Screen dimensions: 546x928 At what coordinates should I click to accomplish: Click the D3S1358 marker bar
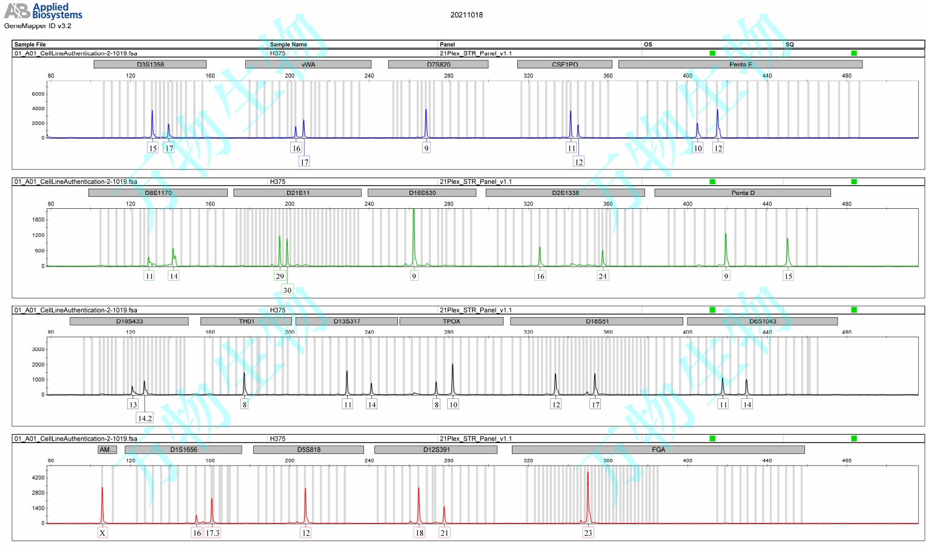(150, 64)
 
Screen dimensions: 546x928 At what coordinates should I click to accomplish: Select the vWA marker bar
(308, 64)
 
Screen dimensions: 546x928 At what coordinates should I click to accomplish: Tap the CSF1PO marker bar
(565, 64)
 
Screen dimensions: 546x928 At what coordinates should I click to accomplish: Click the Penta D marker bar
(743, 193)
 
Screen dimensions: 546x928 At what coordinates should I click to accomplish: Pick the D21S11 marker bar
(297, 193)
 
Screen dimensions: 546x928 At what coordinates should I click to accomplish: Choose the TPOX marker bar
(451, 321)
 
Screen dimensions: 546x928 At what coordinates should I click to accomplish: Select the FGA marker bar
(658, 450)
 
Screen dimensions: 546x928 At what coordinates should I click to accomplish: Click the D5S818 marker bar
(308, 450)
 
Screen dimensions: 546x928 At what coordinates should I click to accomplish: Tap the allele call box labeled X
(102, 533)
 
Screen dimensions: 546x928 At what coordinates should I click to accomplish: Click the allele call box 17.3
(213, 533)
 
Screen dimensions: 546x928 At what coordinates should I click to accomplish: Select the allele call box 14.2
(145, 418)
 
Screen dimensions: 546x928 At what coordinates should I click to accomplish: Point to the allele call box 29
(280, 276)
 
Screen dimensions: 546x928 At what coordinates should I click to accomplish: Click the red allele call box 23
(588, 533)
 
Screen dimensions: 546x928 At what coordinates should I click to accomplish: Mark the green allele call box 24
(602, 276)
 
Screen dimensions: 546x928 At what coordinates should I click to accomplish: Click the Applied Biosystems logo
(44, 11)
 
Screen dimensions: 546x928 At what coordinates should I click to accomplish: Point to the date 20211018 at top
(466, 15)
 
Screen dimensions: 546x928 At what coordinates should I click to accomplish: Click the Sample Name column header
(288, 44)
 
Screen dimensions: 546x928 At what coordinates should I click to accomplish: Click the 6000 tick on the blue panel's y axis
(38, 94)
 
